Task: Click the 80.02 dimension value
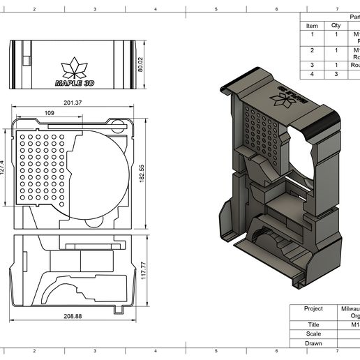140,64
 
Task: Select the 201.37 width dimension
73,103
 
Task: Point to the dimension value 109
49,112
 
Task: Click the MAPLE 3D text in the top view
75,82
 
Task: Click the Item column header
312,26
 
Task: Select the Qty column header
336,26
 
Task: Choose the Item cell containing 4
312,74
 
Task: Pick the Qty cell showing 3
336,74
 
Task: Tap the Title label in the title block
313,324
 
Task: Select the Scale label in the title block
313,333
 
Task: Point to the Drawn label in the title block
313,343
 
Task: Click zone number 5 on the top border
216,9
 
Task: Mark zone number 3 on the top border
95,9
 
